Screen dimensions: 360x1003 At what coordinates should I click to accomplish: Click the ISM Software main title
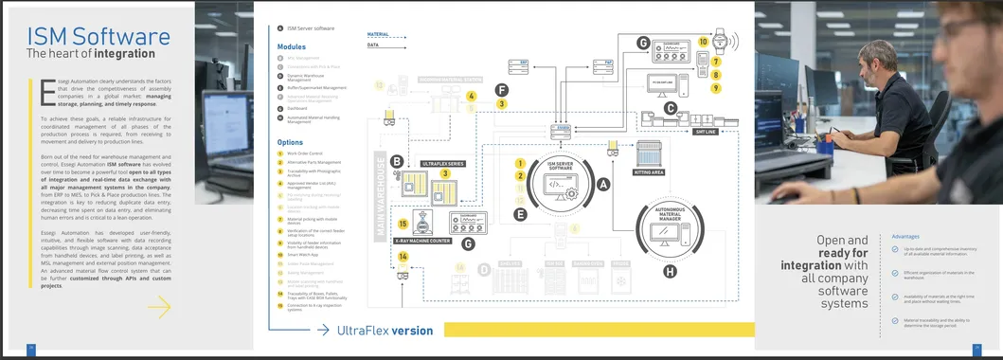(x=99, y=37)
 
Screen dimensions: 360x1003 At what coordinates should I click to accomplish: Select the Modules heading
(x=292, y=46)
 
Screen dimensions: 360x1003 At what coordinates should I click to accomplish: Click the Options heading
(x=290, y=142)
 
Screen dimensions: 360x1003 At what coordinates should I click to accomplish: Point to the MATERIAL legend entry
(x=378, y=34)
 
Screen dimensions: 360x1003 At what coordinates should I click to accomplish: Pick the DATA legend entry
(x=372, y=45)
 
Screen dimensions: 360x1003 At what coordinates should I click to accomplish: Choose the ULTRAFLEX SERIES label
(x=443, y=164)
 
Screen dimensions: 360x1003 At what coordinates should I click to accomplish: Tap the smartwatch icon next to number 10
(x=721, y=42)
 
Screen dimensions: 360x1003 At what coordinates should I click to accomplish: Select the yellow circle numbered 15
(x=403, y=225)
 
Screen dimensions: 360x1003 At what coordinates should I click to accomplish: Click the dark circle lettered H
(x=670, y=272)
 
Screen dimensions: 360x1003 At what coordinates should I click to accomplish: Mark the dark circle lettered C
(x=670, y=108)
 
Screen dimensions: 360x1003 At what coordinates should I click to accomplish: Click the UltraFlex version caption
(x=385, y=331)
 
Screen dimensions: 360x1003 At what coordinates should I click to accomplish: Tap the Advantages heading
(x=904, y=236)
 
